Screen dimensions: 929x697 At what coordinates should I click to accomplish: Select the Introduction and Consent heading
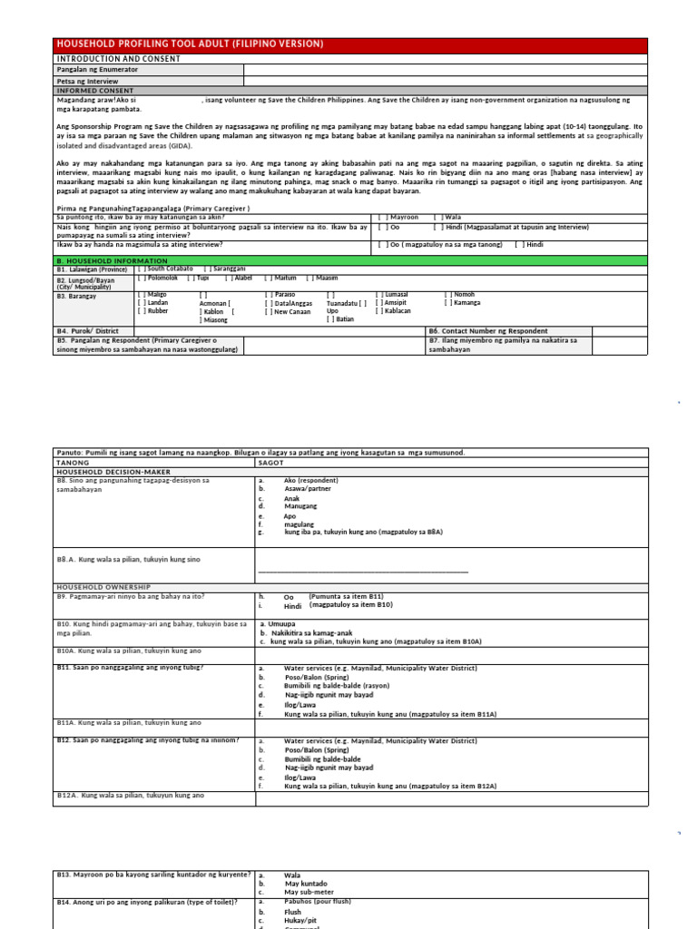point(118,58)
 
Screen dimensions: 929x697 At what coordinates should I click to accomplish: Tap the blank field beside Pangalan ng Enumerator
point(445,69)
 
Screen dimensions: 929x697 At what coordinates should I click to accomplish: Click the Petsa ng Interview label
point(88,81)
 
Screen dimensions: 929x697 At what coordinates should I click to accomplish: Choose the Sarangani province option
point(227,269)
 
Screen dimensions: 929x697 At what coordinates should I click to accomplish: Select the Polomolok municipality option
point(160,279)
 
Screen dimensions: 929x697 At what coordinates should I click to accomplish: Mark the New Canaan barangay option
point(289,311)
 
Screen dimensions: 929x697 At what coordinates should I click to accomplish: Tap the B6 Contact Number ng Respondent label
point(488,331)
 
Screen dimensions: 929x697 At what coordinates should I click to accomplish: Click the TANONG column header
point(73,462)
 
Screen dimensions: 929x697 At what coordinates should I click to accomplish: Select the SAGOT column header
point(271,462)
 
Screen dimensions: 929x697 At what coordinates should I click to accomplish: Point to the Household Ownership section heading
point(103,587)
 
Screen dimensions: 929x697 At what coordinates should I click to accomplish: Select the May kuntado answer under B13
point(306,884)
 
